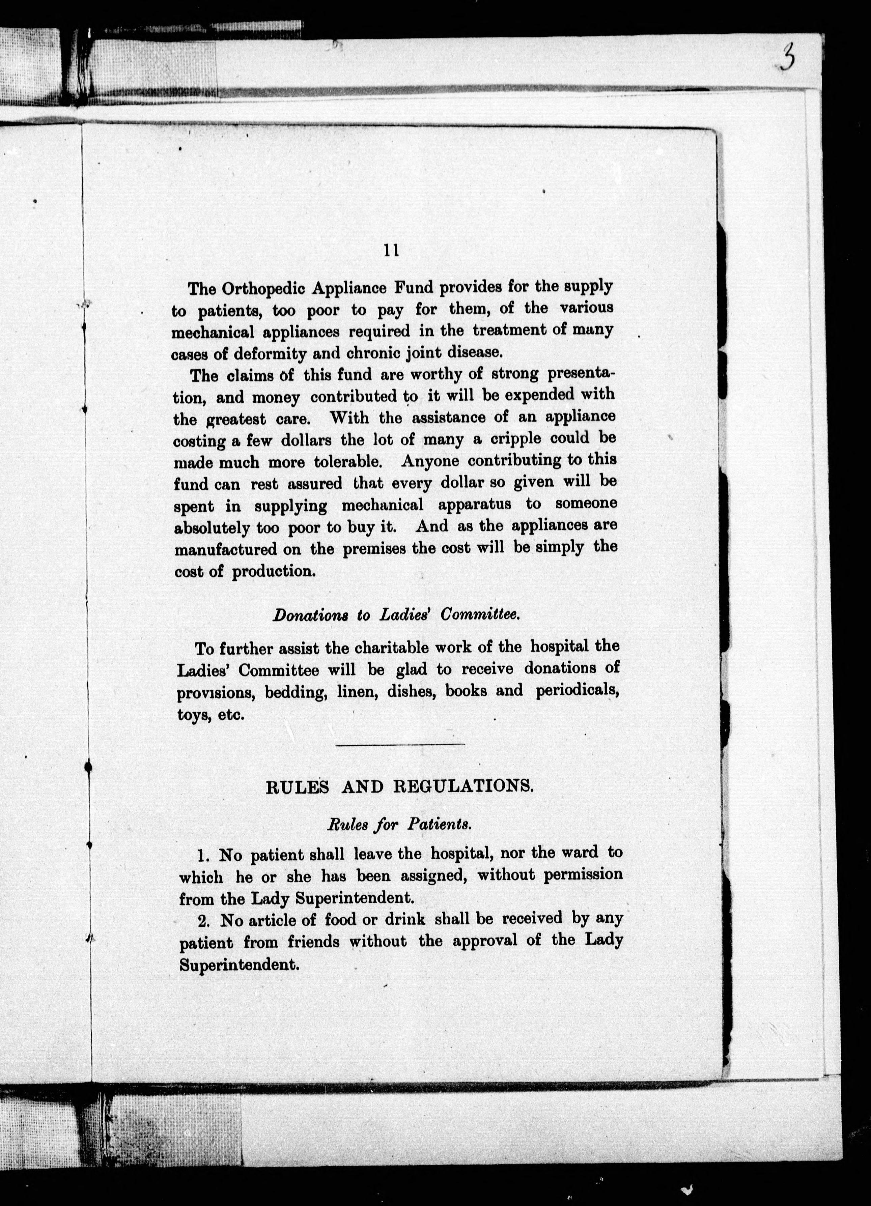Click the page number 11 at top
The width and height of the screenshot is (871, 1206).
point(391,251)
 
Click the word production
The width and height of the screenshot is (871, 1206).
point(273,572)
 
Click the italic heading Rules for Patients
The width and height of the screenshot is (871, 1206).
point(399,825)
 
